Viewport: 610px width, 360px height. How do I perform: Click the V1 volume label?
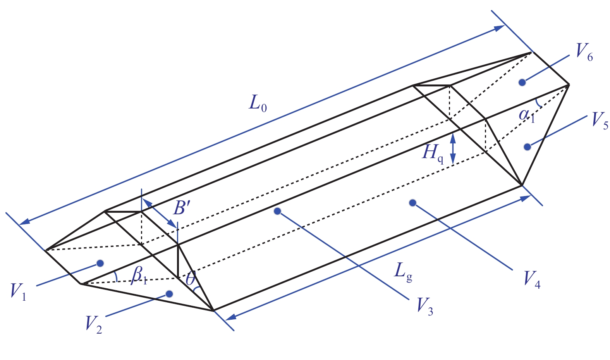pos(19,291)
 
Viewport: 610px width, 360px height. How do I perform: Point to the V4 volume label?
pos(532,279)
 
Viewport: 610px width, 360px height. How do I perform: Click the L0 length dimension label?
pos(258,103)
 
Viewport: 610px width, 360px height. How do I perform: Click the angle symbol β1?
pos(139,275)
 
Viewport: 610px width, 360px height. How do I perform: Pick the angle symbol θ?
pos(191,278)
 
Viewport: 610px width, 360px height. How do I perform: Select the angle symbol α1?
pos(527,115)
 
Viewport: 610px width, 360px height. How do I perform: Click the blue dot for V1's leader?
pos(100,264)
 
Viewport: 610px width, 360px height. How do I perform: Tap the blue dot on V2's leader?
pos(169,294)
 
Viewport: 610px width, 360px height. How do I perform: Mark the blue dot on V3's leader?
pos(277,211)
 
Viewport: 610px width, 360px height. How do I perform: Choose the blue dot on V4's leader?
pos(412,203)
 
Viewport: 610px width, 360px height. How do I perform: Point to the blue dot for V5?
pos(527,147)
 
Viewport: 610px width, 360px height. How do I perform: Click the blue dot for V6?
pos(522,82)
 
